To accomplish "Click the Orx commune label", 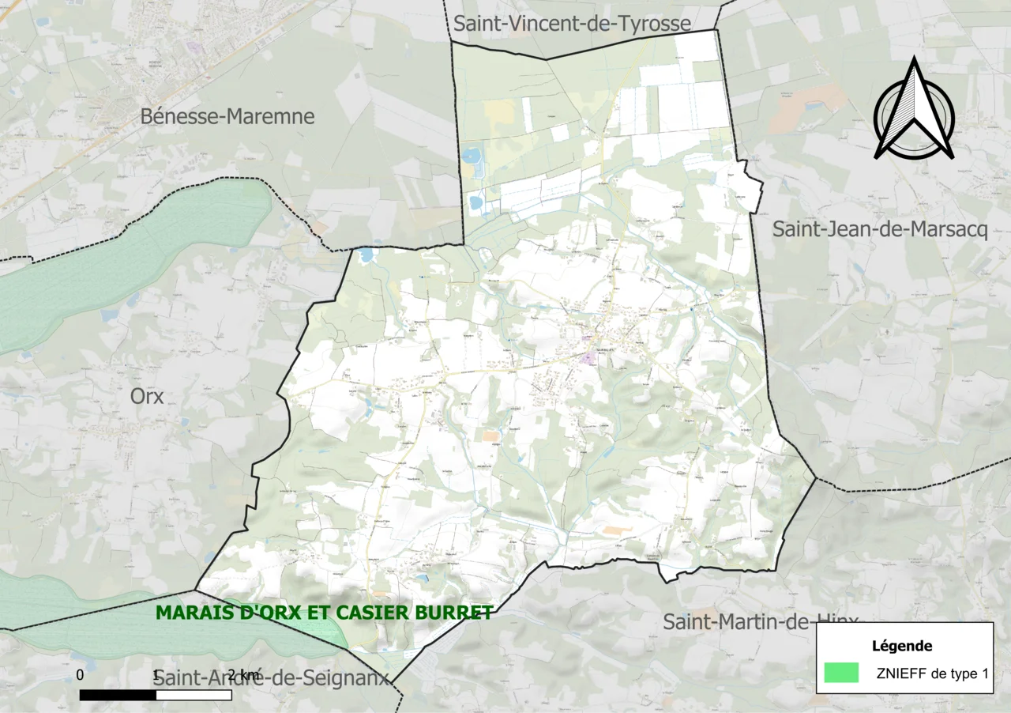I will click(x=147, y=396).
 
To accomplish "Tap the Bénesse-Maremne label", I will click(x=227, y=117).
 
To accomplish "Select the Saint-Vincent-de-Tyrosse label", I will click(x=572, y=24).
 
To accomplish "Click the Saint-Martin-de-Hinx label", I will click(x=758, y=621).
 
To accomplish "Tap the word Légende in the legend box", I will click(x=902, y=646).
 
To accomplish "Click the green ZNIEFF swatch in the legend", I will click(x=841, y=673).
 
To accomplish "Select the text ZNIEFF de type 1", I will click(x=931, y=673).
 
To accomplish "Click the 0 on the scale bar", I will click(x=80, y=675).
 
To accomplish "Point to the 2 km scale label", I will click(x=242, y=675).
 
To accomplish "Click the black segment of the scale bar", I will click(x=118, y=695).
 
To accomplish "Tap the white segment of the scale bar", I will click(x=194, y=695).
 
